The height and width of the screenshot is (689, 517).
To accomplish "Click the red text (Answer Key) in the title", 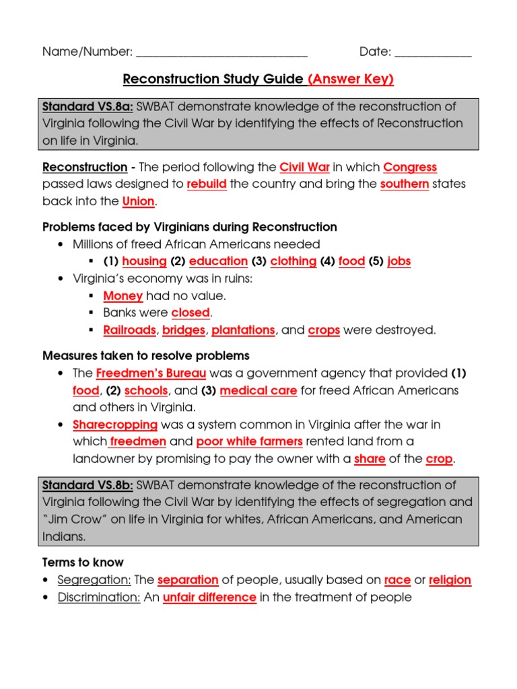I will pyautogui.click(x=350, y=79).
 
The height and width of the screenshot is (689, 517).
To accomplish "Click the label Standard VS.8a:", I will pyautogui.click(x=88, y=106).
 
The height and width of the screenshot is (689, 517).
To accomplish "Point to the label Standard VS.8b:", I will pyautogui.click(x=88, y=485).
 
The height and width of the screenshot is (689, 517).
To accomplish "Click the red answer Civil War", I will pyautogui.click(x=304, y=167).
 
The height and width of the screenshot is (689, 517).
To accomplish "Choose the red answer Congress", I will pyautogui.click(x=410, y=167).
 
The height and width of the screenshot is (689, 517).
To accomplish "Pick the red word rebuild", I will pyautogui.click(x=207, y=184).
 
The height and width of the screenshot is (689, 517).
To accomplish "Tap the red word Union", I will pyautogui.click(x=139, y=201).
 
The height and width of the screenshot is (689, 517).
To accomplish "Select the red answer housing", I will pyautogui.click(x=144, y=261).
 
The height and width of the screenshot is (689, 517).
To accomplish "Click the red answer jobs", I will pyautogui.click(x=399, y=261).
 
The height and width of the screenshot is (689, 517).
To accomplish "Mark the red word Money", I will pyautogui.click(x=123, y=295).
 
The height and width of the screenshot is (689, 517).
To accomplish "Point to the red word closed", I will pyautogui.click(x=191, y=313).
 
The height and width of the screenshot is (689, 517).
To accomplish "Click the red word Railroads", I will pyautogui.click(x=129, y=330).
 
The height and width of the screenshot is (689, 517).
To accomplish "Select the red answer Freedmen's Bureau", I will pyautogui.click(x=151, y=373).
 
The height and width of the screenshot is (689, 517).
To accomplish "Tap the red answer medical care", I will pyautogui.click(x=258, y=390).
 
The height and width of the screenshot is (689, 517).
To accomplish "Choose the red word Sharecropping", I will pyautogui.click(x=115, y=425).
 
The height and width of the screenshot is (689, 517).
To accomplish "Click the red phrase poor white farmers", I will pyautogui.click(x=249, y=441).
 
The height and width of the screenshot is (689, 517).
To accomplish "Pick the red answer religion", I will pyautogui.click(x=450, y=580).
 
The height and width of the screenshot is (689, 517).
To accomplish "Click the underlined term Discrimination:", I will pyautogui.click(x=99, y=597).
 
